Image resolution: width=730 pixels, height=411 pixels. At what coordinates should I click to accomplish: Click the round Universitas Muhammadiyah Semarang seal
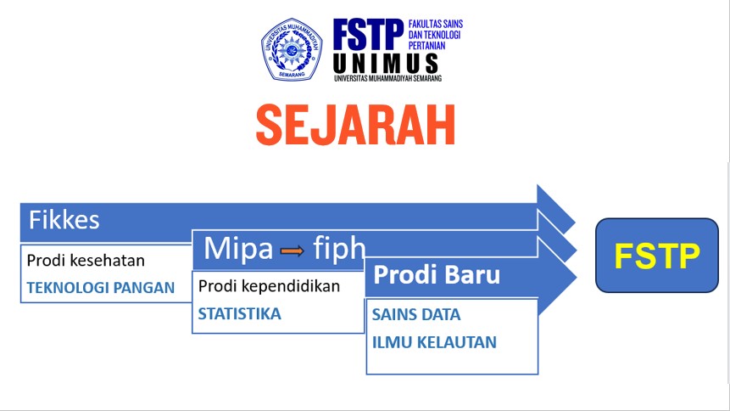(292, 49)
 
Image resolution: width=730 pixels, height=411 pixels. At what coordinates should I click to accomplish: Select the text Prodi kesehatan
(86, 261)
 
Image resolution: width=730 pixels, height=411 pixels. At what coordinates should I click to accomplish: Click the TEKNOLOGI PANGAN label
(100, 287)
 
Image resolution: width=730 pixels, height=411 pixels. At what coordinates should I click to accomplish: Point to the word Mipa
(238, 248)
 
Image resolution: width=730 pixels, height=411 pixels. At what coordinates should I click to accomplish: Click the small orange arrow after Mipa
(293, 250)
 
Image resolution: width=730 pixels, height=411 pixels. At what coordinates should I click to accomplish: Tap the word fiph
(338, 248)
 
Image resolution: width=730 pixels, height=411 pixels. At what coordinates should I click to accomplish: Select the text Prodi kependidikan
(269, 286)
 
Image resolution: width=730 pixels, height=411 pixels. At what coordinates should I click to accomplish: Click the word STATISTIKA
(239, 314)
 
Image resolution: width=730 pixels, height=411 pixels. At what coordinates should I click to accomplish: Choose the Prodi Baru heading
(437, 275)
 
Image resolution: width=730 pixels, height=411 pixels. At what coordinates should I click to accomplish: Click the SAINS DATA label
(416, 315)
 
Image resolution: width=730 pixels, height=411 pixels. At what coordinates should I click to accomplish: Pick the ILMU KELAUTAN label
(434, 343)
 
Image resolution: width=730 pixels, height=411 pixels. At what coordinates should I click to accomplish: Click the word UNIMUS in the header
(386, 63)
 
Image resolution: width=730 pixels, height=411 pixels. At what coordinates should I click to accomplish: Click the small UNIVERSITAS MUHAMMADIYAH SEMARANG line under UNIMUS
(387, 78)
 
